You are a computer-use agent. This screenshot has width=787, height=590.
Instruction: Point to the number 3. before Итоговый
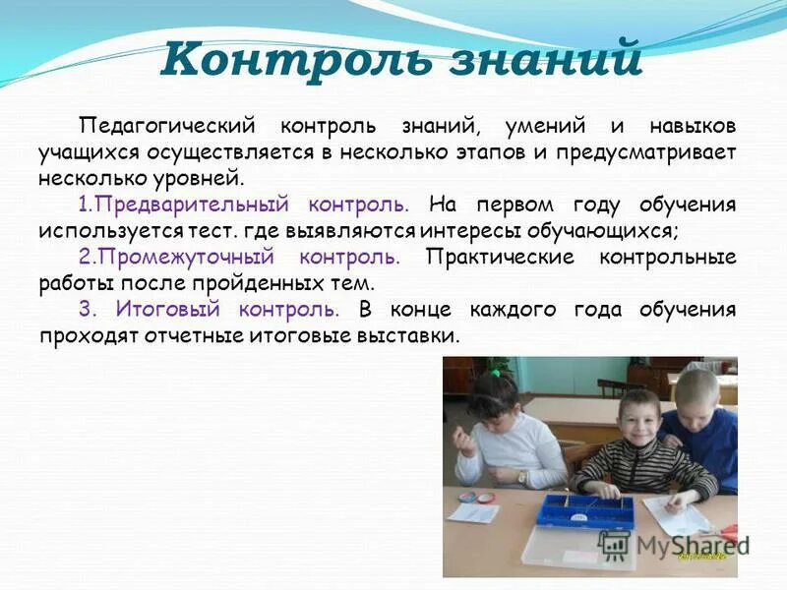tap(87, 310)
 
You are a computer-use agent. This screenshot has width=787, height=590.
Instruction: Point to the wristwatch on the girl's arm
tap(522, 476)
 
